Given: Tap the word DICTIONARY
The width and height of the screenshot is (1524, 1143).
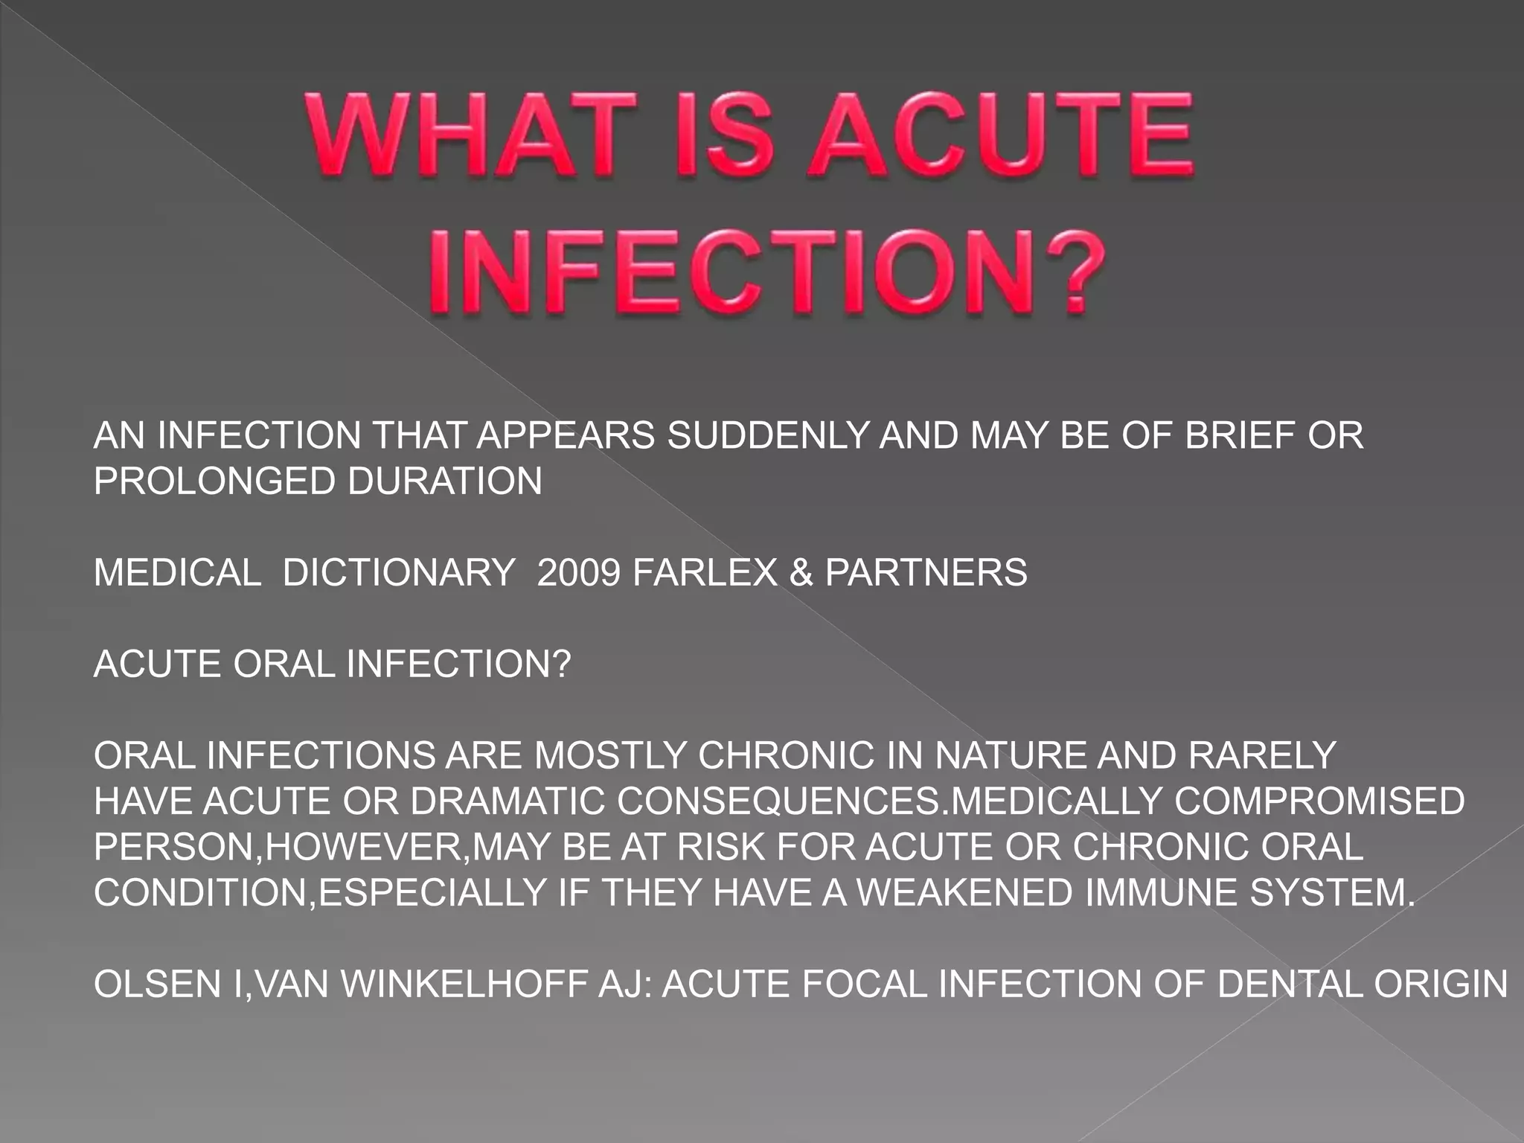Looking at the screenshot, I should (x=399, y=573).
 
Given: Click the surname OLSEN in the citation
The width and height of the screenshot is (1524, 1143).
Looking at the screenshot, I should (x=157, y=984).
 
